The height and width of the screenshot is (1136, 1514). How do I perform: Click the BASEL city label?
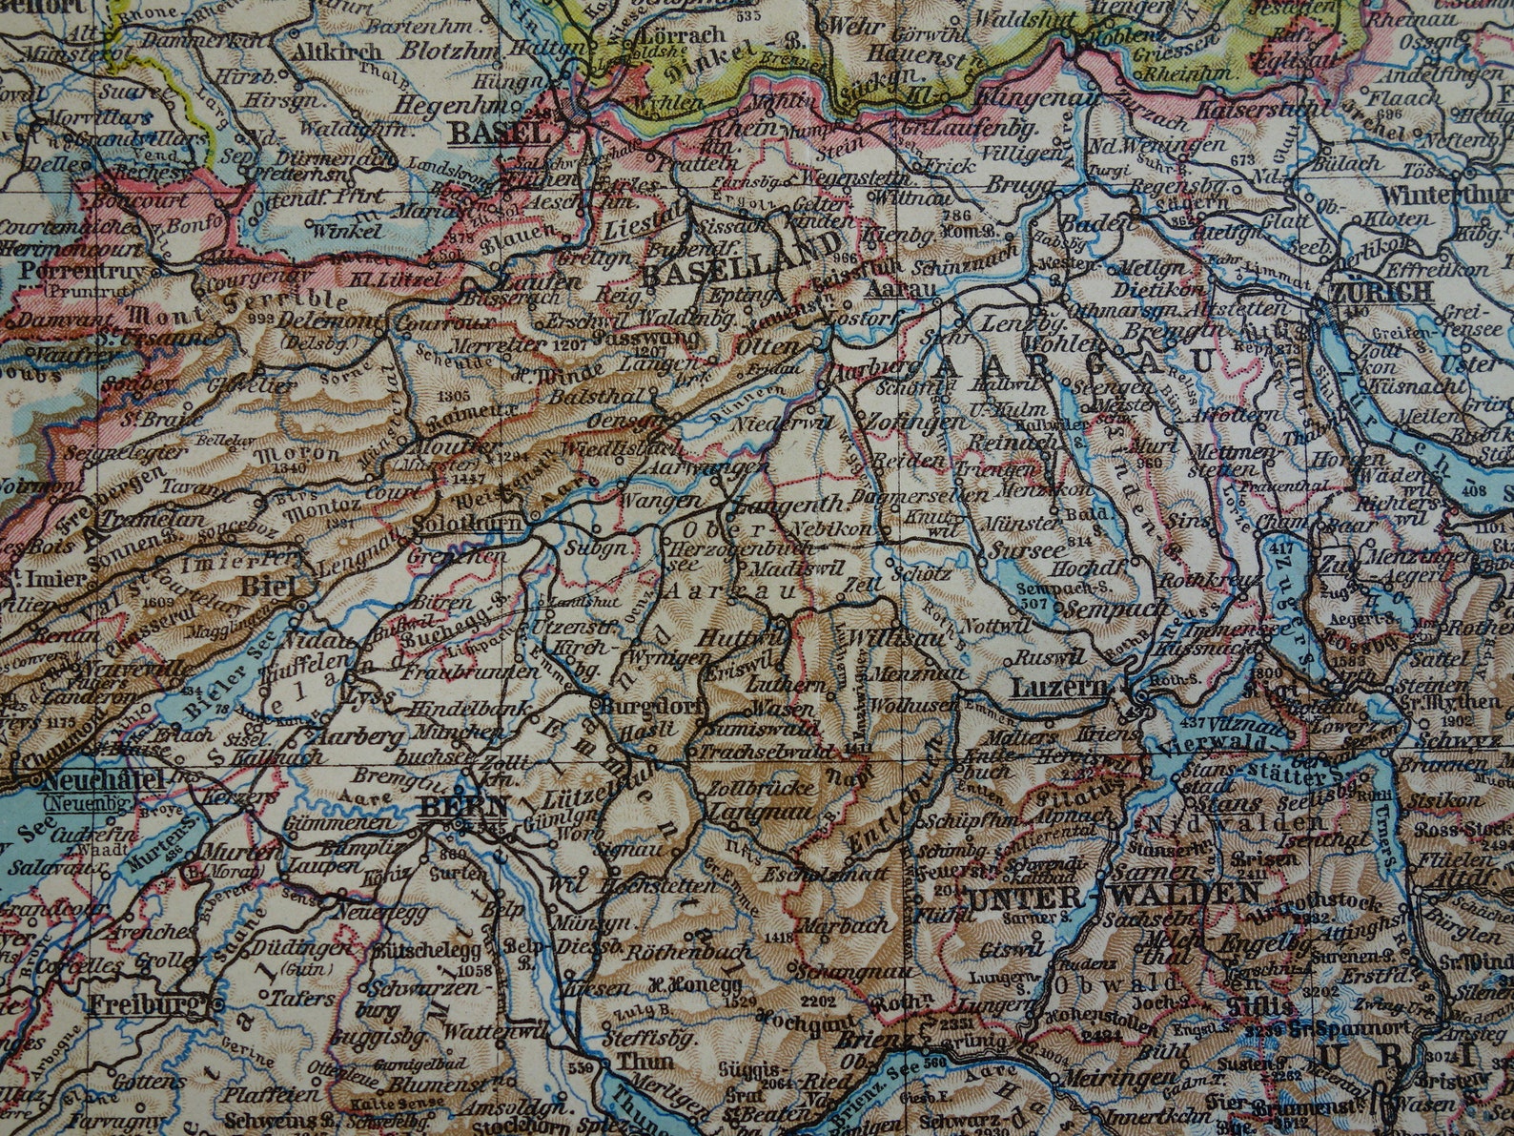pos(500,134)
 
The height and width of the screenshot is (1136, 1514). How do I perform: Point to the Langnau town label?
pos(759,813)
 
